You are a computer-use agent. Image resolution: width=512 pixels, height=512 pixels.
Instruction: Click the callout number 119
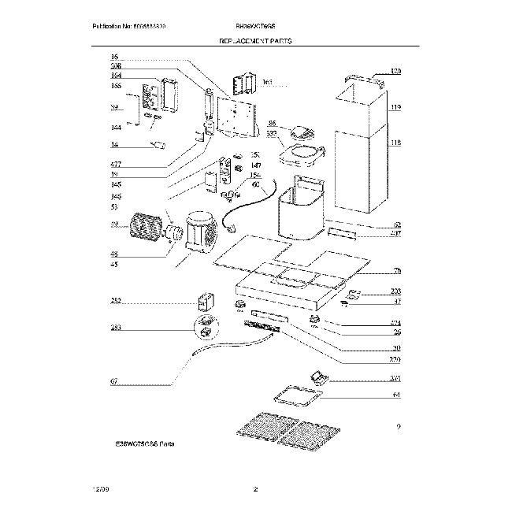pos(395,107)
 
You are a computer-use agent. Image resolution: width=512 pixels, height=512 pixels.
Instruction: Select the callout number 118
pos(395,143)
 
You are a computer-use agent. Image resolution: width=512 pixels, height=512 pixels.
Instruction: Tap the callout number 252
pos(116,302)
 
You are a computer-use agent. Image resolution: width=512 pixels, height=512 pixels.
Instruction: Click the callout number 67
pos(114,382)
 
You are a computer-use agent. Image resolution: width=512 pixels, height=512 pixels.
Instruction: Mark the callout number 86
pos(272,124)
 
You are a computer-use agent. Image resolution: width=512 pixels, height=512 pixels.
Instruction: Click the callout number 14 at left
pos(114,146)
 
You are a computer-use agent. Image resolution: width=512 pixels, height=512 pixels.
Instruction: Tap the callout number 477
pos(116,164)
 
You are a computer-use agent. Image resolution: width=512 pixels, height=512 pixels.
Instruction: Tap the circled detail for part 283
pos(205,323)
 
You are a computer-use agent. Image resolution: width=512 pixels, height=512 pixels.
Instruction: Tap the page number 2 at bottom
pos(256,491)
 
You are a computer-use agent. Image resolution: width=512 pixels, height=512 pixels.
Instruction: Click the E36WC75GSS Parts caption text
pos(144,445)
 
